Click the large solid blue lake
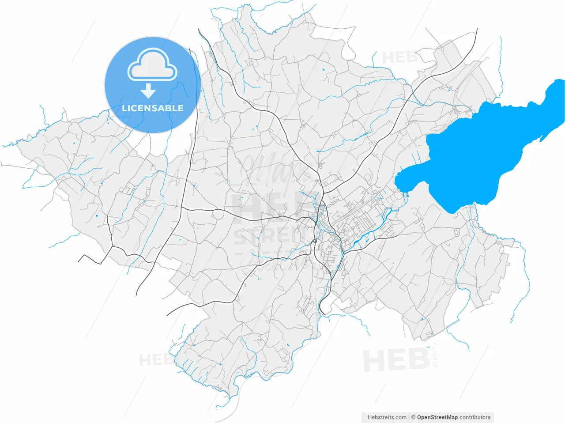click(477, 150)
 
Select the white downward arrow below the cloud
click(148, 91)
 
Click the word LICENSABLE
click(153, 108)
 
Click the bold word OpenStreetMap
click(437, 417)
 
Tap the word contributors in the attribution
click(475, 417)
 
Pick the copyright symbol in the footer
click(413, 417)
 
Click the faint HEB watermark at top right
click(399, 58)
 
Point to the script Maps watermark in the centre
click(276, 170)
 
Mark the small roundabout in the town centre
click(315, 241)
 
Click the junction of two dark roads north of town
click(323, 193)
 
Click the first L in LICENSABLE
click(124, 108)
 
